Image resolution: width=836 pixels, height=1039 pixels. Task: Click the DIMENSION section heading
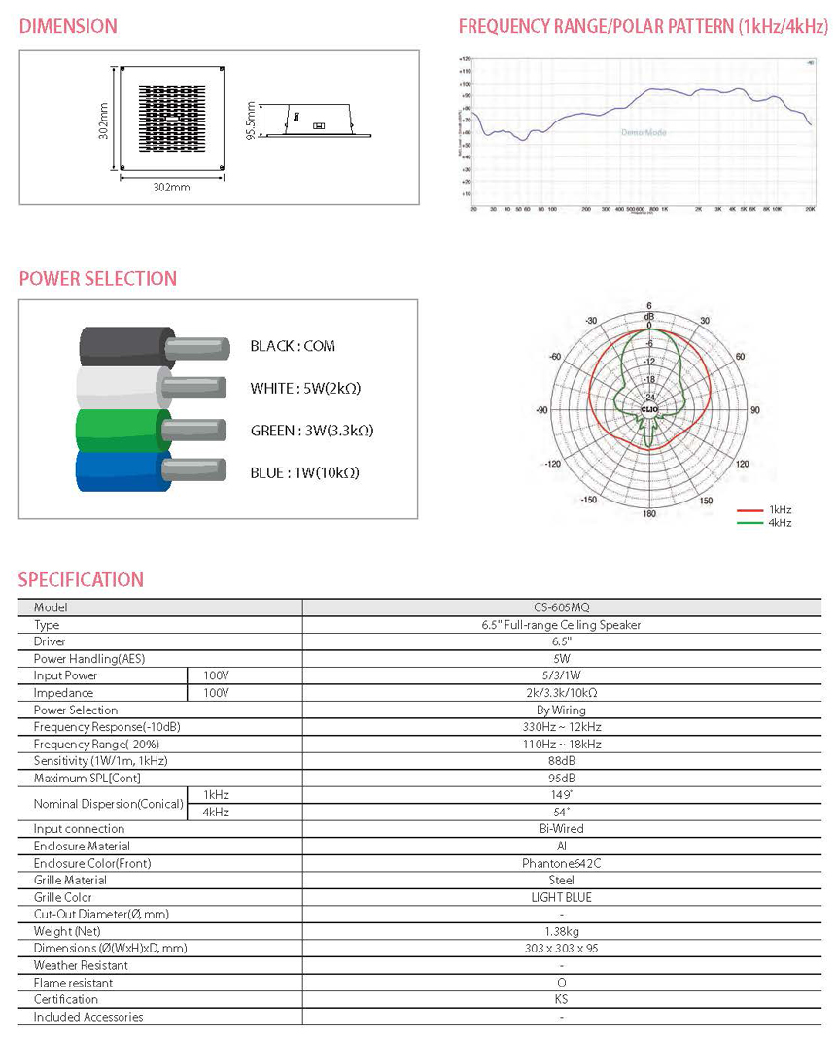[68, 26]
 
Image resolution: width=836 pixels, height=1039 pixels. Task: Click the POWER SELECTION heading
[98, 279]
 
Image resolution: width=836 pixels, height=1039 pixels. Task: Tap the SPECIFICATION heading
[81, 580]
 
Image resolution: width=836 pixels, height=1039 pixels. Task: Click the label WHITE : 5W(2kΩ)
[305, 388]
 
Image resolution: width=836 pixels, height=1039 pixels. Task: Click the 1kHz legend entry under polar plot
[780, 509]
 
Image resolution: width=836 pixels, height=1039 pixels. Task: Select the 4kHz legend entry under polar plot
[780, 523]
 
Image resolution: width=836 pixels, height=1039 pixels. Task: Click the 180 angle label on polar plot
[648, 514]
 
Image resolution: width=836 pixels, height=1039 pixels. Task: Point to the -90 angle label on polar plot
[541, 410]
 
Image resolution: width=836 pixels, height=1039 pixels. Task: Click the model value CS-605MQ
[561, 607]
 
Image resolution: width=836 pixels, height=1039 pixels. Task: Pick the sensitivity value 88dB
[561, 761]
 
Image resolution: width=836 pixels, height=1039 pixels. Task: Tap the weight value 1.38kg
[561, 931]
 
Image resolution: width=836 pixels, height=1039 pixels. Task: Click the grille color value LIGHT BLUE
[561, 897]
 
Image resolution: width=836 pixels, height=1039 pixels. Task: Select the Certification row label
[66, 999]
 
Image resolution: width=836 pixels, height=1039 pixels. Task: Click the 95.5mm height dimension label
[251, 121]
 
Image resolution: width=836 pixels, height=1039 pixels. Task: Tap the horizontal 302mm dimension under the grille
[171, 187]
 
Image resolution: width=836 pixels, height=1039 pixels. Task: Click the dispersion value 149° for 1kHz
[561, 795]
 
